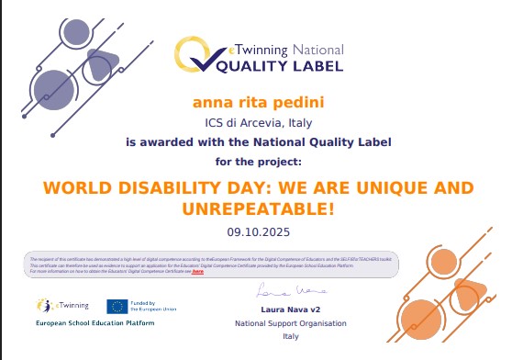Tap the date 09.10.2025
(x=258, y=231)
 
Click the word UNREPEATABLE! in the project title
(x=258, y=209)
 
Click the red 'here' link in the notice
(x=197, y=273)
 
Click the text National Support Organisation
(x=278, y=324)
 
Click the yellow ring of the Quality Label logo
(x=195, y=55)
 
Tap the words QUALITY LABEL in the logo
(x=279, y=66)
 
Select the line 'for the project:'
(x=258, y=161)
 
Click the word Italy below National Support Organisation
(x=278, y=337)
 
